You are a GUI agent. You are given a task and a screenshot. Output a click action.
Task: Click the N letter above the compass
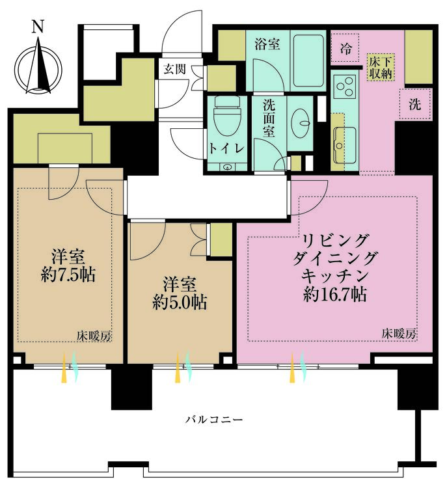click(x=38, y=27)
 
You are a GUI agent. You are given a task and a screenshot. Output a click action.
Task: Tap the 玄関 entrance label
click(x=175, y=69)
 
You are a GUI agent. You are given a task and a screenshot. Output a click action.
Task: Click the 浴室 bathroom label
click(x=267, y=44)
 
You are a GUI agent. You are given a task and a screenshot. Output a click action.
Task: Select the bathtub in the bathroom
click(x=308, y=59)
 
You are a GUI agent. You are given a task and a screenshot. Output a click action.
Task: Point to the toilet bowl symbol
click(x=227, y=115)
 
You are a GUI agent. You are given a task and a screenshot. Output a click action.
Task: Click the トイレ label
click(x=226, y=148)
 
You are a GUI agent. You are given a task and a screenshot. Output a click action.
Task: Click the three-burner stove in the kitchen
click(x=344, y=85)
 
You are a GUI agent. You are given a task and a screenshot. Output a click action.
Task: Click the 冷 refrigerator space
click(x=345, y=49)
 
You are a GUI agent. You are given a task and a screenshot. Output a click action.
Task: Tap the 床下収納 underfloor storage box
click(x=381, y=68)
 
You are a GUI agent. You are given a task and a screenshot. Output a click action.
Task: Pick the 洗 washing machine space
click(x=415, y=104)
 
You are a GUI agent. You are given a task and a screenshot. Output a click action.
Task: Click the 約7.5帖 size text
click(x=68, y=275)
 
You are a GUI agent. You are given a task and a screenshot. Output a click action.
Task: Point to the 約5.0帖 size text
click(x=180, y=302)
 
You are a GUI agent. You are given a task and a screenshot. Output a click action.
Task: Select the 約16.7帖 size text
click(x=335, y=294)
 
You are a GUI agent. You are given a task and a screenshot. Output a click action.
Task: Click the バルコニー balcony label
click(x=214, y=420)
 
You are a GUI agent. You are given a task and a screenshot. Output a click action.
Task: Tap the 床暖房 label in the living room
click(x=399, y=334)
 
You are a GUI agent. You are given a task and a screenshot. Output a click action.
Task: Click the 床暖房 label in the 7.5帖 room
click(x=94, y=336)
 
